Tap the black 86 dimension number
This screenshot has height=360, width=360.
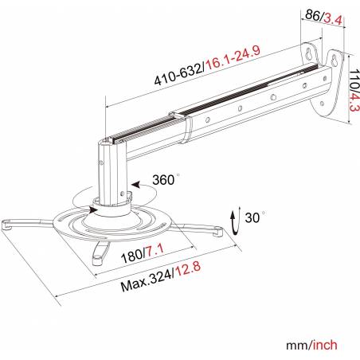(x=313, y=15)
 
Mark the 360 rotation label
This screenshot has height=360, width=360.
(x=163, y=180)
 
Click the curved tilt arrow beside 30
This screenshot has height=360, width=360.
(x=236, y=221)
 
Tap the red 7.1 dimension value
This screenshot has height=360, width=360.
(x=155, y=251)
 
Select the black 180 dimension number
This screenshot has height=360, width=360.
(x=132, y=256)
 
